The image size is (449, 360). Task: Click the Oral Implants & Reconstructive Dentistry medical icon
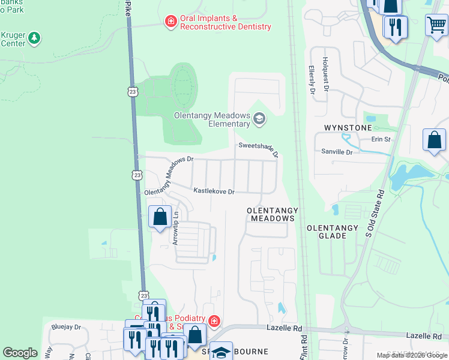171,22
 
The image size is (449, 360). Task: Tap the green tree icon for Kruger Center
35,38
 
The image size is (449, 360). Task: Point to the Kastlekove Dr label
213,191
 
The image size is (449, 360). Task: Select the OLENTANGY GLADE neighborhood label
332,232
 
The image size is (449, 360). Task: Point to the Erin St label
381,139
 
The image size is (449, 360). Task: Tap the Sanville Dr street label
337,152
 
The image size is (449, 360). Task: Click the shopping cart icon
436,26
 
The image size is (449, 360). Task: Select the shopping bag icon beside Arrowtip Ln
160,217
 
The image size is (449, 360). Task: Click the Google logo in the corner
20,353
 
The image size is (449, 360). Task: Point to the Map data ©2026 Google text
411,355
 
